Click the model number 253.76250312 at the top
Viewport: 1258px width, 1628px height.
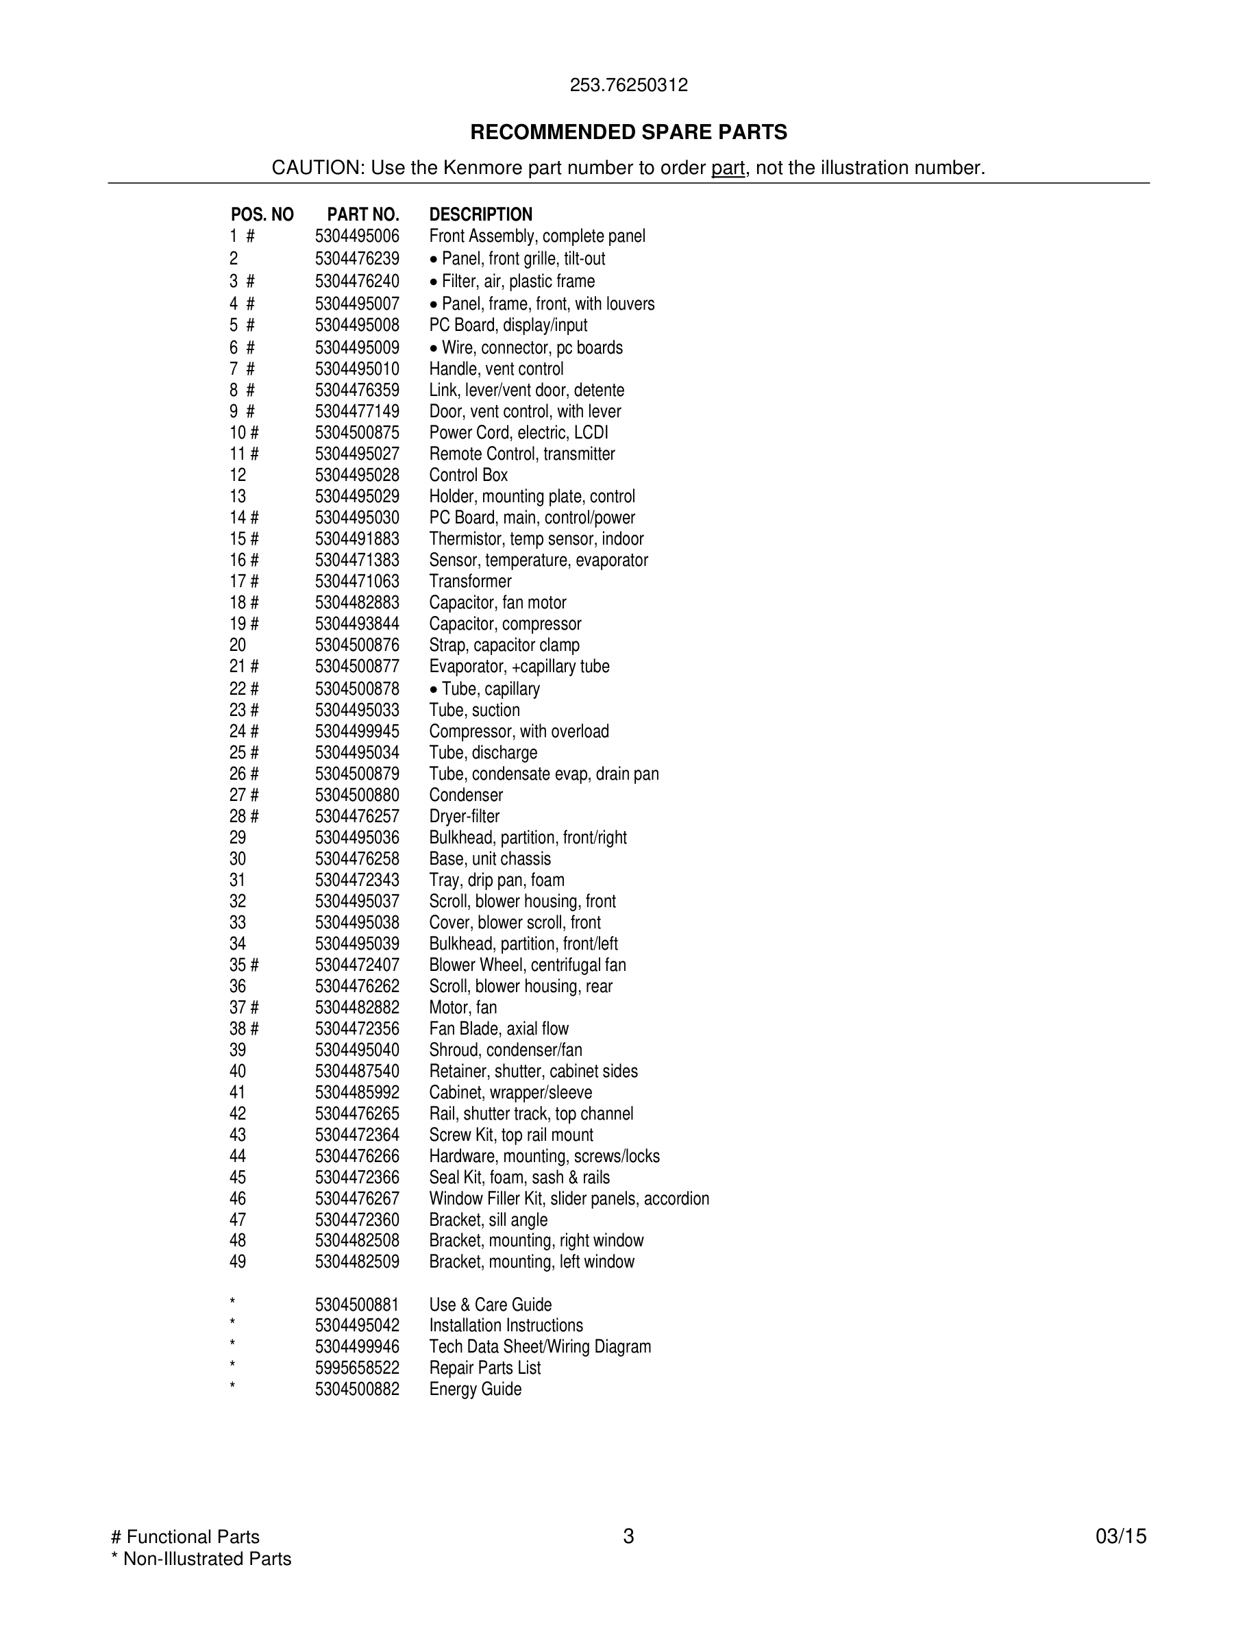(x=628, y=85)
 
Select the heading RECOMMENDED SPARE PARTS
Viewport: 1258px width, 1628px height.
(x=628, y=132)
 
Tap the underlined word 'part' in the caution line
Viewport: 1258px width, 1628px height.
(x=728, y=168)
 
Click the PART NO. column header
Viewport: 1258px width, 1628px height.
(x=363, y=214)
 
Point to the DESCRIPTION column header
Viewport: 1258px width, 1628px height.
(x=481, y=214)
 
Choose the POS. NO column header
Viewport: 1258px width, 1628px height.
(x=262, y=214)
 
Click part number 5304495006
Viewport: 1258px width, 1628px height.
(x=357, y=236)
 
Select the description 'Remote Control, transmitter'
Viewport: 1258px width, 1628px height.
(x=521, y=454)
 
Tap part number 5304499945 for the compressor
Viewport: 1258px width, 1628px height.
(x=357, y=731)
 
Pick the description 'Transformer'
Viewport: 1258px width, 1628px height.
(x=470, y=582)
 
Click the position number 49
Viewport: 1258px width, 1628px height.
(x=238, y=1261)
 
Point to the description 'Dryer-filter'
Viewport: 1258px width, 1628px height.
(x=465, y=816)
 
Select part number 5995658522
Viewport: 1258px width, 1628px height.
(x=357, y=1368)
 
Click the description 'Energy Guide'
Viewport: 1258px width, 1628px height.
(x=475, y=1389)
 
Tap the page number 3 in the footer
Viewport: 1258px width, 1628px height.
(x=628, y=1536)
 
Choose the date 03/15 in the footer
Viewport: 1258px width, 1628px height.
(x=1121, y=1536)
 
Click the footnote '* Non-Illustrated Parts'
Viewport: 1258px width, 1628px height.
(x=201, y=1559)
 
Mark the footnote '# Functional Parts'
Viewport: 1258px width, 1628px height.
(x=185, y=1536)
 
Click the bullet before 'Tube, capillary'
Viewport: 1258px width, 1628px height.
(x=434, y=689)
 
